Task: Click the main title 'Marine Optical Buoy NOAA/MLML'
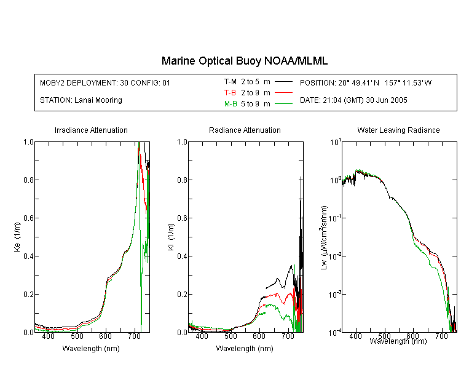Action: point(244,61)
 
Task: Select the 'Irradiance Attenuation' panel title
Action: point(91,130)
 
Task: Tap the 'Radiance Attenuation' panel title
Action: point(245,130)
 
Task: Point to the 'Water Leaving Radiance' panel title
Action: point(398,130)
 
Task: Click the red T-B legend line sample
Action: point(283,93)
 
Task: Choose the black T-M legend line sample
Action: point(283,82)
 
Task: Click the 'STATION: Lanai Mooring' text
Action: point(81,100)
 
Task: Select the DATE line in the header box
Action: point(353,100)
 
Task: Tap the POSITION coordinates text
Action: point(366,82)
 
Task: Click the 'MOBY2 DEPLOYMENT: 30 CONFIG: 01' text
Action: point(105,82)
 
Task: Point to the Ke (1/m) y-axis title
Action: point(17,237)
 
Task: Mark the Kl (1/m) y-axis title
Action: point(171,237)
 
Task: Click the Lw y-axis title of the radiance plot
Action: point(324,237)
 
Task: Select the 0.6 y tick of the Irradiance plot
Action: point(29,218)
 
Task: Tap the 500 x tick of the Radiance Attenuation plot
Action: point(230,336)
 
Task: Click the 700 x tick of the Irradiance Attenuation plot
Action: point(135,336)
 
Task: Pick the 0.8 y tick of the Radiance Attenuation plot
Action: point(183,180)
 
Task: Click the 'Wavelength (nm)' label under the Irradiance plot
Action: point(91,349)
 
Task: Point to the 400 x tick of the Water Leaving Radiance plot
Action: point(356,336)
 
